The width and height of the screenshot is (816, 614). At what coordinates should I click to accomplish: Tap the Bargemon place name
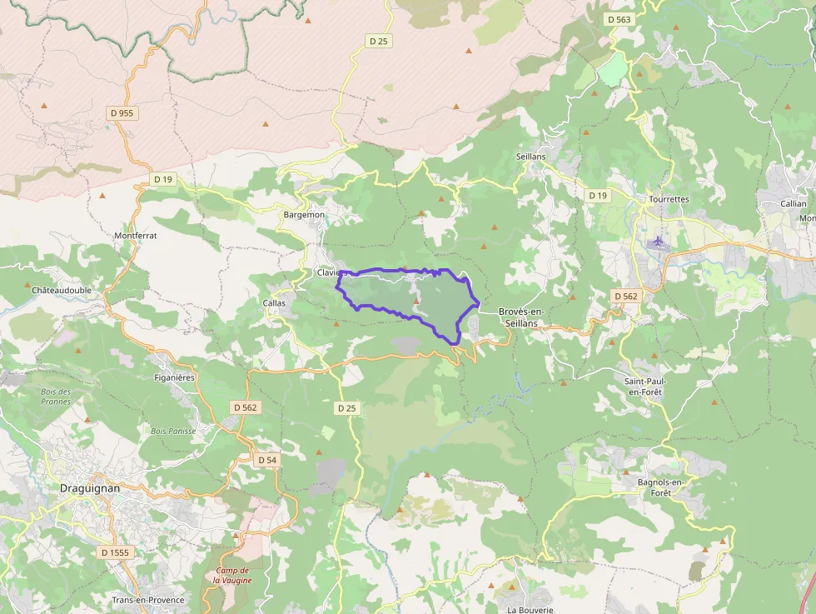pos(304,214)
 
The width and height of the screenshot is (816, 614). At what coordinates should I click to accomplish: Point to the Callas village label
pos(274,302)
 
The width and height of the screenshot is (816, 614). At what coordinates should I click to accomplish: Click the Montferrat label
pos(136,236)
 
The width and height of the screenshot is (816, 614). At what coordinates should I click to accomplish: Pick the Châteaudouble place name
pos(62,290)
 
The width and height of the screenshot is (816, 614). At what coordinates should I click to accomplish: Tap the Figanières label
pos(175,377)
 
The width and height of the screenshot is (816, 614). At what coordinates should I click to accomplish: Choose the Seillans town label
pos(530,157)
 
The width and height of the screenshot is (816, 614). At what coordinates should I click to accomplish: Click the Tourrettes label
pos(669,200)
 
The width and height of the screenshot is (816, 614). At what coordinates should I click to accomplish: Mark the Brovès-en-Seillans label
pos(521,317)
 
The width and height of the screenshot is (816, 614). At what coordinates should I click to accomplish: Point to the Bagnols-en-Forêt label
pos(653,487)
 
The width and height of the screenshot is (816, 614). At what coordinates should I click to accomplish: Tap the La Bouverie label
pos(530,610)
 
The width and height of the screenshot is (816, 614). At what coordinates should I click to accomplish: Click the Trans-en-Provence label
pos(148,600)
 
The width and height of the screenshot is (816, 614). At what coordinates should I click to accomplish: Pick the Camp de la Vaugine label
pos(226,575)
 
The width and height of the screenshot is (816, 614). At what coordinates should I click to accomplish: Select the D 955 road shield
pos(121,112)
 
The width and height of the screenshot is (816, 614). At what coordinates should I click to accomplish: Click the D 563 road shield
pos(619,19)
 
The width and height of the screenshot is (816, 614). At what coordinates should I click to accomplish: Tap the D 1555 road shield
pos(116,552)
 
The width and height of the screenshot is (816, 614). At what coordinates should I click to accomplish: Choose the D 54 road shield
pos(266,460)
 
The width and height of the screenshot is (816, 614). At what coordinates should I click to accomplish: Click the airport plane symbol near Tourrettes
pos(658,243)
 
